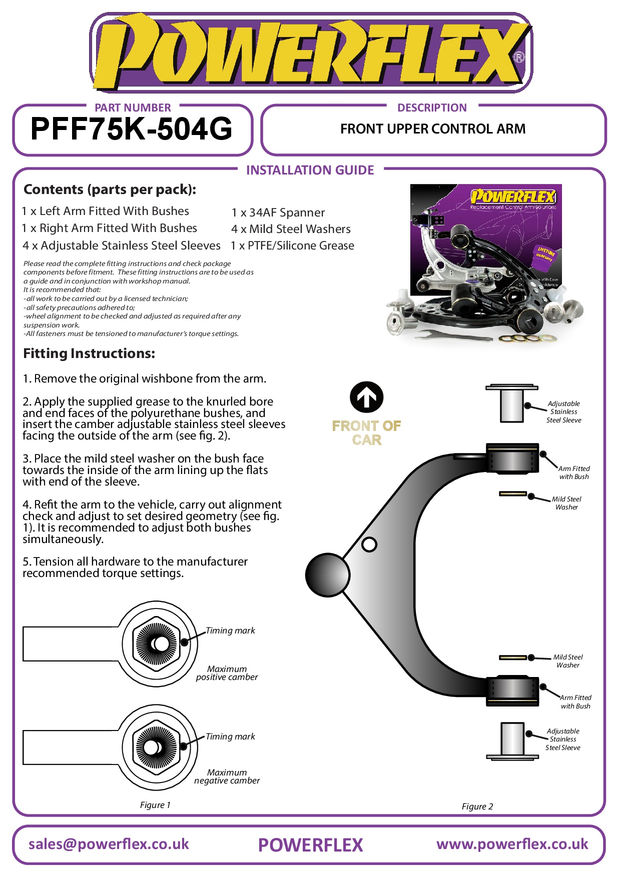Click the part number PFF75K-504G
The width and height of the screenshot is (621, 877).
[x=132, y=129]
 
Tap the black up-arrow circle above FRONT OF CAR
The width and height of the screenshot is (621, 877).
[x=366, y=397]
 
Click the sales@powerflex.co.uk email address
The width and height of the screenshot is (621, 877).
[x=109, y=844]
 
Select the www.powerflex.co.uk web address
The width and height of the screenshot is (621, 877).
[x=512, y=844]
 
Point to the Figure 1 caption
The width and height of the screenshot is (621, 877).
[x=155, y=805]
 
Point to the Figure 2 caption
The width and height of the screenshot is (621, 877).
[x=477, y=806]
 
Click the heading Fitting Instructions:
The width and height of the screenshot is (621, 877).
[x=89, y=353]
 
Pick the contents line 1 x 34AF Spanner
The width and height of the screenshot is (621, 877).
[x=278, y=212]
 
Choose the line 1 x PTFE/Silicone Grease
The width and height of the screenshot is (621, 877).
[x=292, y=245]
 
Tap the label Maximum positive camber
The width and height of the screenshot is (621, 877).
[x=227, y=673]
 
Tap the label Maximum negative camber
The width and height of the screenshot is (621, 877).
[x=227, y=776]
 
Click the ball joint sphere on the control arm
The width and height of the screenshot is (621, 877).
[x=327, y=575]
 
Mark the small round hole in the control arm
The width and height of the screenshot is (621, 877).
[x=369, y=544]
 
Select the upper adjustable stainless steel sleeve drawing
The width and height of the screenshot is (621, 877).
[x=512, y=404]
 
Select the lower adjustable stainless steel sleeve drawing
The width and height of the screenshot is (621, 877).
[x=512, y=740]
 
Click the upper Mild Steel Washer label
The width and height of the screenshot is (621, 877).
[x=566, y=503]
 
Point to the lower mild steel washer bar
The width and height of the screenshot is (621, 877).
[x=513, y=657]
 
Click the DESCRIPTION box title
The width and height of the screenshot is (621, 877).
[x=432, y=108]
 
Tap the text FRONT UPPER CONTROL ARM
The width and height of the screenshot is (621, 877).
[x=433, y=129]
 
